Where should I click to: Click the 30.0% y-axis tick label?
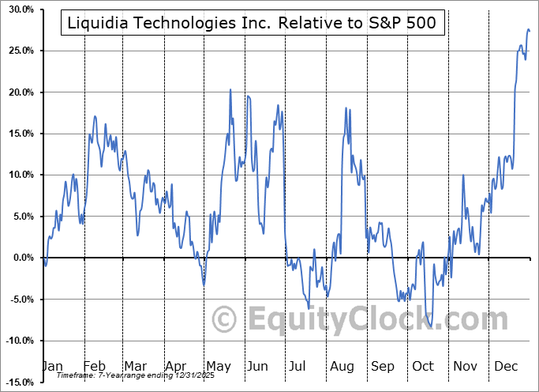coord(18,9)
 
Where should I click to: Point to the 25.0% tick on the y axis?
coord(18,51)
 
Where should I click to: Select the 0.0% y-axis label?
coord(21,258)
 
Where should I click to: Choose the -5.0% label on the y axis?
coord(19,299)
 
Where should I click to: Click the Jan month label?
coord(52,367)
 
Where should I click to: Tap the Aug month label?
coord(342,367)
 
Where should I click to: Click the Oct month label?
coord(424,367)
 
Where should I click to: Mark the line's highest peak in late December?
coord(528,29)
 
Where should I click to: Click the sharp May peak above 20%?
coord(230,90)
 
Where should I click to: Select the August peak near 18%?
coord(346,108)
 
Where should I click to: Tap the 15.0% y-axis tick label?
coord(18,134)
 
